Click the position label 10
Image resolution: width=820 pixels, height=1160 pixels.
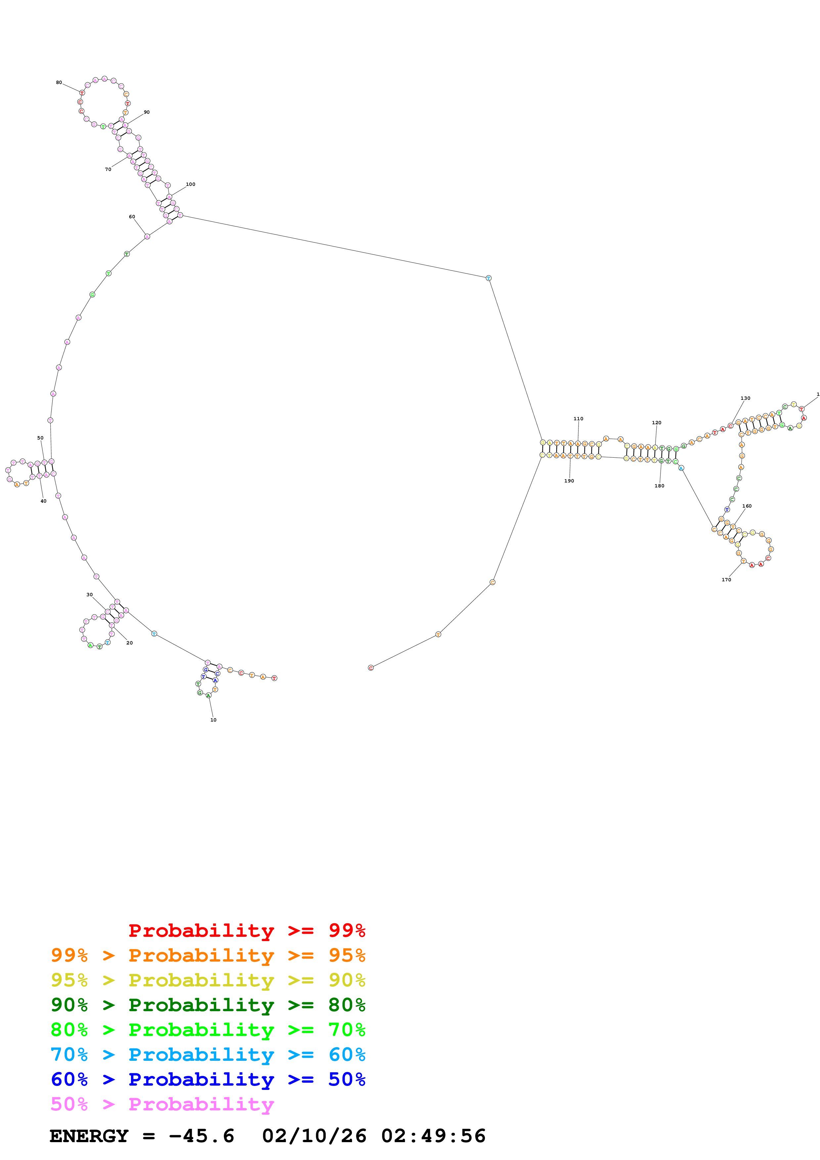[x=213, y=720]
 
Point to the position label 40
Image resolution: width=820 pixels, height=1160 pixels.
[x=43, y=501]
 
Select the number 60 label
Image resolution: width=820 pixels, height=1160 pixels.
[x=132, y=217]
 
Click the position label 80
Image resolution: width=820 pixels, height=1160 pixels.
[x=59, y=82]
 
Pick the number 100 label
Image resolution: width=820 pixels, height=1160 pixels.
[x=191, y=185]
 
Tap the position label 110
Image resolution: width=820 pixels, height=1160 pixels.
[x=579, y=419]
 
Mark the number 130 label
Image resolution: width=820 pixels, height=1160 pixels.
[x=745, y=398]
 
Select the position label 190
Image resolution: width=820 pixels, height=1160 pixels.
[x=569, y=481]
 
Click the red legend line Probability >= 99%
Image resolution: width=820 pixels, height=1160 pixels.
[x=246, y=931]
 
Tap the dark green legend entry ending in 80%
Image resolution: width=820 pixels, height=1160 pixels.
[x=208, y=1005]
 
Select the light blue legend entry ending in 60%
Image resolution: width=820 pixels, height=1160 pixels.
[x=208, y=1055]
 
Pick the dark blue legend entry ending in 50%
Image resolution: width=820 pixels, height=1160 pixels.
[x=208, y=1079]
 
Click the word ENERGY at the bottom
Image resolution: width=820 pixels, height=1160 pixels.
[x=89, y=1136]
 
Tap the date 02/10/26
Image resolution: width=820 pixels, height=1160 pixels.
[x=314, y=1136]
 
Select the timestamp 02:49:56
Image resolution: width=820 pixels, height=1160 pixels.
[x=433, y=1136]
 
